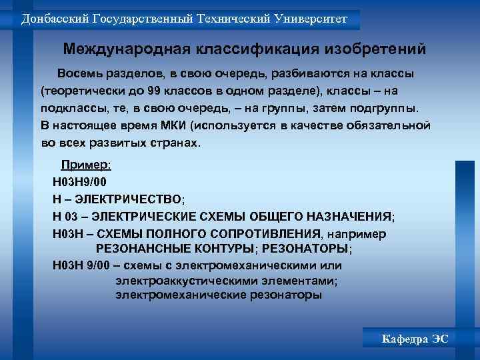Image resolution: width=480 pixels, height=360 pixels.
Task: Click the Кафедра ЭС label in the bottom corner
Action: pos(415,339)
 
